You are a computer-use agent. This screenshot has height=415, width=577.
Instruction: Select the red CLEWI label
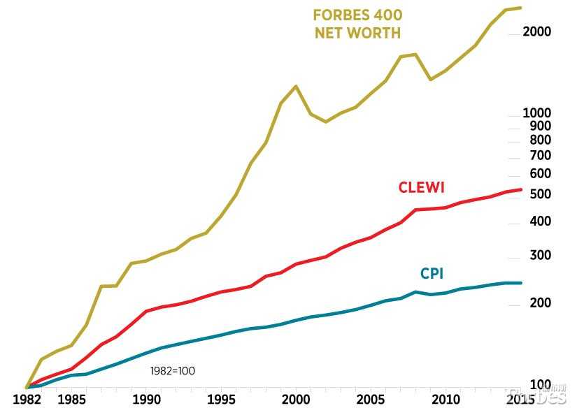(421, 187)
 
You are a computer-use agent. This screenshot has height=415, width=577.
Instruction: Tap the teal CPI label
(432, 274)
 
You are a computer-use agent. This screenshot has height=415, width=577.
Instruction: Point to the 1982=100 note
(173, 371)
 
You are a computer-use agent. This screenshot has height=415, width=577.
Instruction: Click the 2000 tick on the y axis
(537, 32)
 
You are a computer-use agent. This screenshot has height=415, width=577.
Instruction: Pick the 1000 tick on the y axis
(537, 113)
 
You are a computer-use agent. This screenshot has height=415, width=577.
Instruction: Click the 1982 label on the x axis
(27, 401)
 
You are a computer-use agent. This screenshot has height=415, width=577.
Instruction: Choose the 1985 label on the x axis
(71, 401)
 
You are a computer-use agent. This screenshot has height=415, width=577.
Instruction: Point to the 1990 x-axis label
(146, 401)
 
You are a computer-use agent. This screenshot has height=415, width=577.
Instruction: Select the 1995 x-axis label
(221, 401)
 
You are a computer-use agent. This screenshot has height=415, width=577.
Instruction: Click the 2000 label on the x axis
(296, 401)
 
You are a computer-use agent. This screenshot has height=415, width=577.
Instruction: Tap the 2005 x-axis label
(371, 401)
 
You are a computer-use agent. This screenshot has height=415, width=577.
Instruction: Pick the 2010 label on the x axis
(446, 401)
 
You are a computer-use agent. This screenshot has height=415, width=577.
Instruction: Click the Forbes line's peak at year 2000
(296, 86)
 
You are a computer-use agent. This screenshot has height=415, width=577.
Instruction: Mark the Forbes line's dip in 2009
(431, 80)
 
